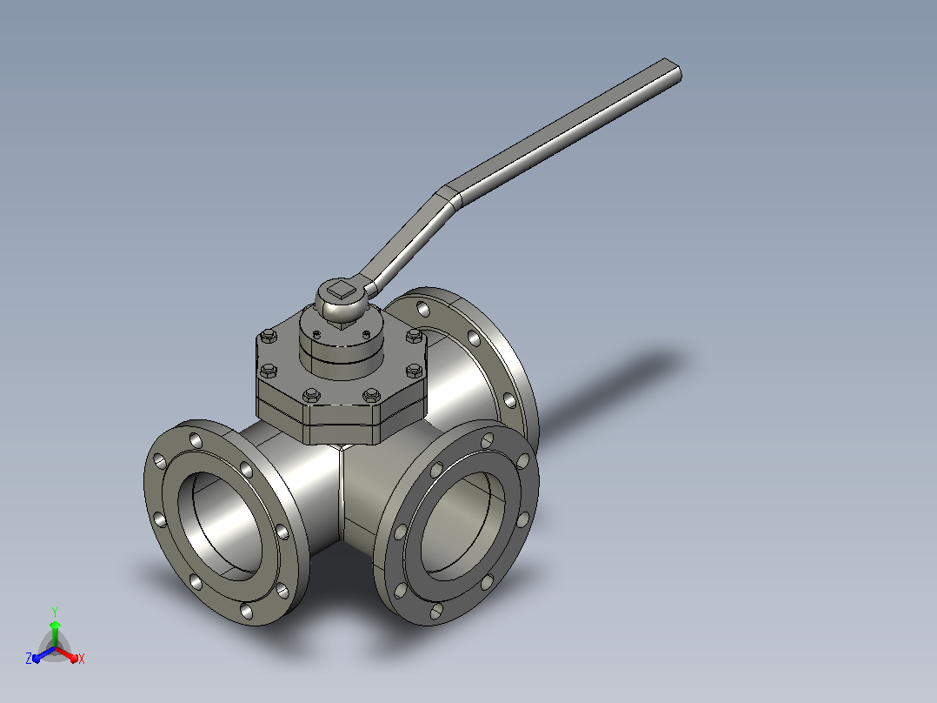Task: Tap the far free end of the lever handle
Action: [673, 69]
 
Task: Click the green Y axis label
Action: [55, 613]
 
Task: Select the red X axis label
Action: [82, 659]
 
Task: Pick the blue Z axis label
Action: [29, 659]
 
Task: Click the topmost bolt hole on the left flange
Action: [196, 441]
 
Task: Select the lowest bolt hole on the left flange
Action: [246, 611]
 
